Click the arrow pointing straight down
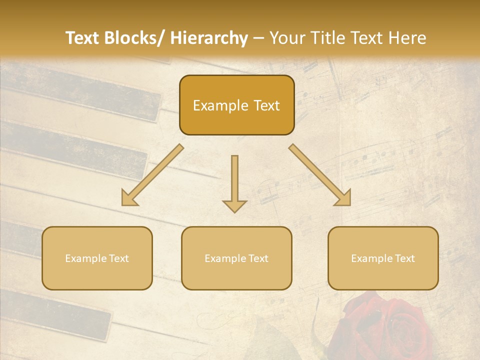pyautogui.click(x=234, y=180)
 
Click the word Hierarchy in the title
pyautogui.click(x=209, y=38)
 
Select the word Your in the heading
pyautogui.click(x=286, y=38)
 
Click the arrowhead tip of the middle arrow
pyautogui.click(x=234, y=211)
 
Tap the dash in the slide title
pyautogui.click(x=258, y=38)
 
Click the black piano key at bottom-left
pyautogui.click(x=55, y=312)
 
